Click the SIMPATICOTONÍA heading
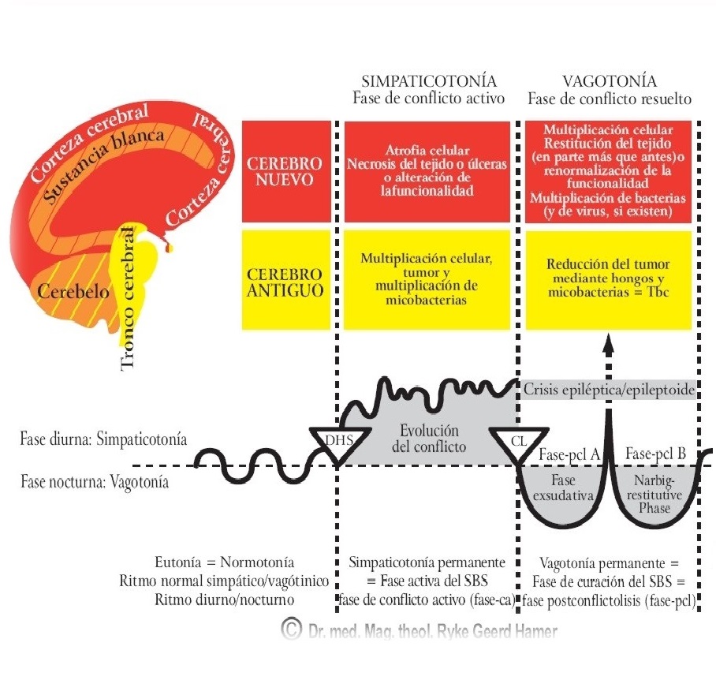pyautogui.click(x=429, y=81)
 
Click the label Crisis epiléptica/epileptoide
pyautogui.click(x=608, y=390)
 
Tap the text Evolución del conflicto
pyautogui.click(x=429, y=439)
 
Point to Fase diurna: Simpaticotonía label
pyautogui.click(x=103, y=439)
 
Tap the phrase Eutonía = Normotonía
pyautogui.click(x=225, y=563)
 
